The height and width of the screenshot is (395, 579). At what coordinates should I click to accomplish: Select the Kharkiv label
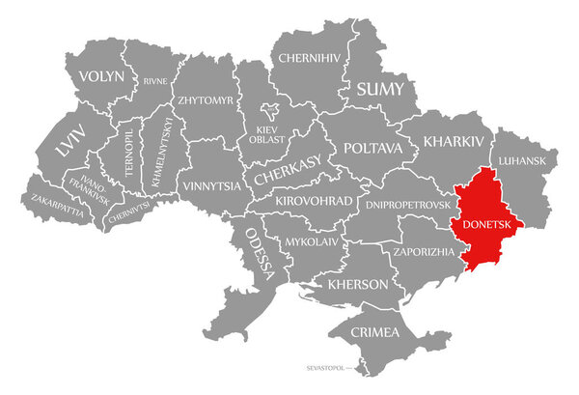tap(452, 141)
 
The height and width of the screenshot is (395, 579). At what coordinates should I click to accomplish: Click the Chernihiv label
tap(310, 58)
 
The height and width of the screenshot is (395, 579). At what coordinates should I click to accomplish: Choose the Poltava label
tap(372, 149)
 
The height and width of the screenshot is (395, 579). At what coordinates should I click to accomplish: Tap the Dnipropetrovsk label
tap(408, 206)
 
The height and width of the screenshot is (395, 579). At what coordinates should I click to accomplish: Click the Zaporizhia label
tap(423, 251)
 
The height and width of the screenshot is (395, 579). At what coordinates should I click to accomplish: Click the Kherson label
tap(358, 285)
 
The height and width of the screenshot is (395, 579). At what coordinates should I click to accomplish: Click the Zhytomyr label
tap(205, 99)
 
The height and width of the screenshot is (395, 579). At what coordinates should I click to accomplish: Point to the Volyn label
tap(101, 75)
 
